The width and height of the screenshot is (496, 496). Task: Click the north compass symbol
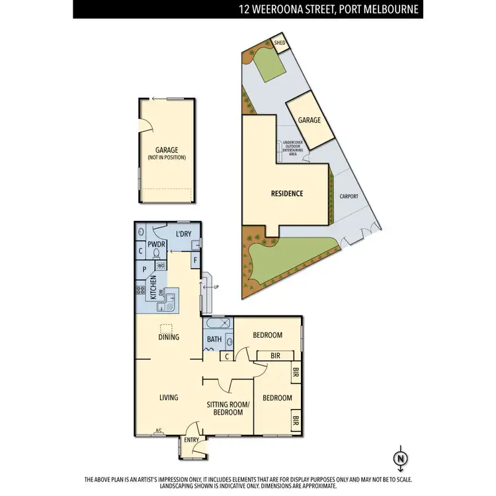pos(399,458)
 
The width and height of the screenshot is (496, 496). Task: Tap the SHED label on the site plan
pos(280,45)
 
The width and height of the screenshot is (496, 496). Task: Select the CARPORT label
pos(349,196)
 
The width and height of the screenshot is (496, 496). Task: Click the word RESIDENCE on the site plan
pos(287,194)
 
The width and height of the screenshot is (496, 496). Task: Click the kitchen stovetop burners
pos(140,290)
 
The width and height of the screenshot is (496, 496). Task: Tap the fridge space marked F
pos(196,261)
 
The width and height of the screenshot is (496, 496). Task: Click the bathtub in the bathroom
pos(218,323)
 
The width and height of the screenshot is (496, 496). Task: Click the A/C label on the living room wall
pos(159,431)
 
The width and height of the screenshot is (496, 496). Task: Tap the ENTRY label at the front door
pos(191,439)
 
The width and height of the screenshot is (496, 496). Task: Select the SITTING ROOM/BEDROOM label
pos(225,407)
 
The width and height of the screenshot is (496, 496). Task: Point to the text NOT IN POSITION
pos(167,157)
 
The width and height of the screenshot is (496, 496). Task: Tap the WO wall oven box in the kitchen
pos(161,266)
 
